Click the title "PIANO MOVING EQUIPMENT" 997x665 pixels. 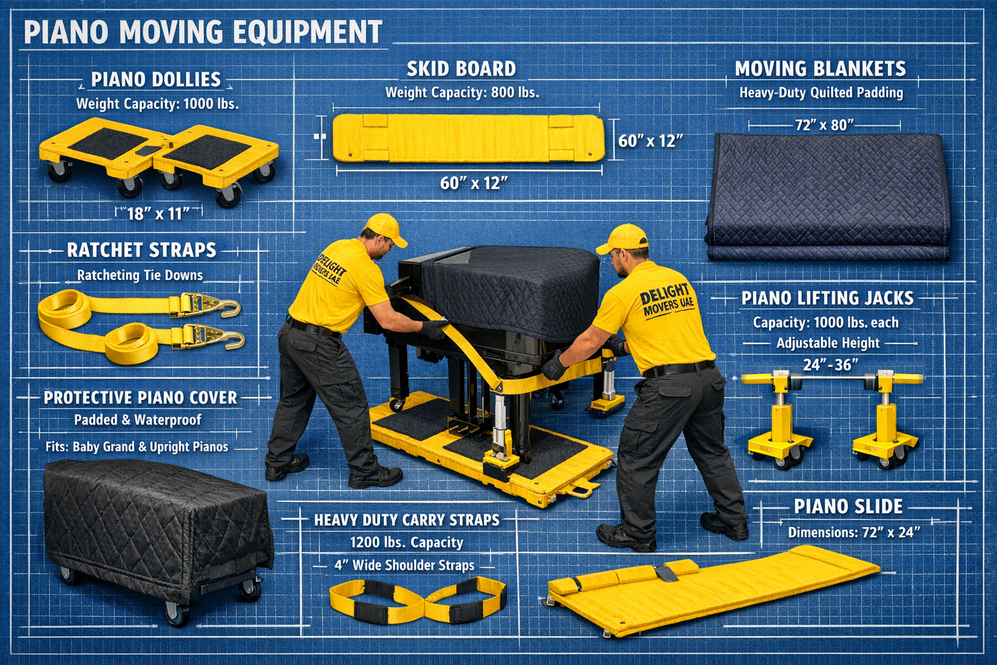203,32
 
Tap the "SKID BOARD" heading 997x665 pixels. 461,69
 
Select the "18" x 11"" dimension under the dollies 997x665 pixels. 158,214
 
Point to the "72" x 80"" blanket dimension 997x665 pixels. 824,125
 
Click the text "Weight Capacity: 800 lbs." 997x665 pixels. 462,93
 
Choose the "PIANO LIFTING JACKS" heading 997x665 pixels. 828,298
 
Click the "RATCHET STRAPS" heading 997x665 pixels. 142,250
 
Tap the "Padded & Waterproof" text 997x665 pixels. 138,420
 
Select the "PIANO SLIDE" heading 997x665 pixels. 848,507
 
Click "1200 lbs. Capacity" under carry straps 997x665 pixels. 406,542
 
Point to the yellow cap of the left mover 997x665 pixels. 386,228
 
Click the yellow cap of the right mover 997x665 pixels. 622,238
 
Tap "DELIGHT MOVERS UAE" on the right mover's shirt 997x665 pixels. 667,301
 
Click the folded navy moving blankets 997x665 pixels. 827,196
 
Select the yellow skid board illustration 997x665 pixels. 469,138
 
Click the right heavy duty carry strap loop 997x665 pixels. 465,599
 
